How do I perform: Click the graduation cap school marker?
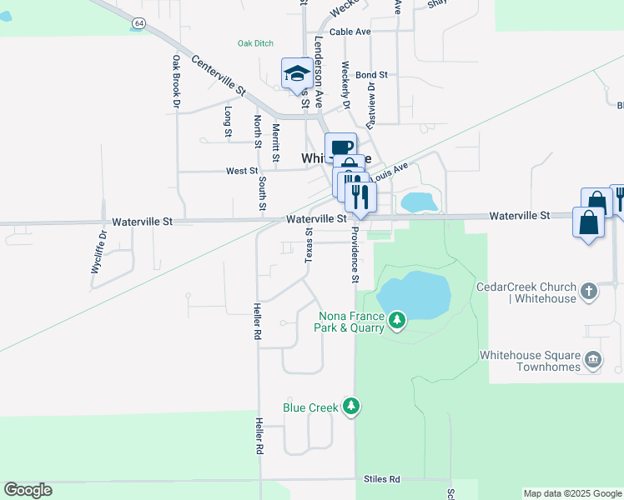(297, 73)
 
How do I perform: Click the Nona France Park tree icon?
(398, 319)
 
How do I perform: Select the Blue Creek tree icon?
(352, 407)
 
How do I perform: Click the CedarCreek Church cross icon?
(590, 292)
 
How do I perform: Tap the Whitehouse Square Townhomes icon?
(593, 359)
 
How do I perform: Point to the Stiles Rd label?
(382, 479)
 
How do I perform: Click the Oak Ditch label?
(255, 43)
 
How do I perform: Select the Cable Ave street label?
(350, 32)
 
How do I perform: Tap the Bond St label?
(372, 75)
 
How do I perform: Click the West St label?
(241, 171)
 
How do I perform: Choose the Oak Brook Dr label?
(176, 82)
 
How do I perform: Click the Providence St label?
(355, 254)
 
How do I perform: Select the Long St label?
(228, 122)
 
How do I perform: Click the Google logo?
(28, 490)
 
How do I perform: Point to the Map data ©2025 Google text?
(571, 493)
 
